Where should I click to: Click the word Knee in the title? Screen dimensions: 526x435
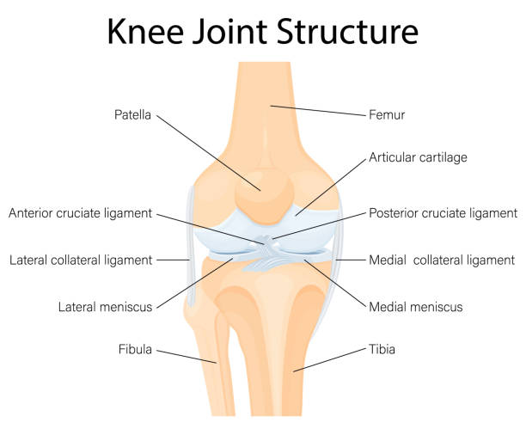pyautogui.click(x=145, y=31)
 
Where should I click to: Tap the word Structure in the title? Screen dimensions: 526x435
pyautogui.click(x=348, y=31)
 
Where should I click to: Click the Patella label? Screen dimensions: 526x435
pyautogui.click(x=132, y=115)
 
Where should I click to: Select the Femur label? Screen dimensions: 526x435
pyautogui.click(x=387, y=115)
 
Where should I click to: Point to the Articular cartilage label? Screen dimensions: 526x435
pyautogui.click(x=418, y=157)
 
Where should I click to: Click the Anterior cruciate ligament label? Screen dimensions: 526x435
pyautogui.click(x=81, y=213)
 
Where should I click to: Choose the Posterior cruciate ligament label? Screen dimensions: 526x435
pyautogui.click(x=443, y=213)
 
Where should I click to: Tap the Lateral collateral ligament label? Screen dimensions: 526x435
pyautogui.click(x=81, y=260)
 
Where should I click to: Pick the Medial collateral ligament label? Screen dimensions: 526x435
pyautogui.click(x=442, y=260)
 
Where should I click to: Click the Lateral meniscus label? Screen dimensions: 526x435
pyautogui.click(x=106, y=307)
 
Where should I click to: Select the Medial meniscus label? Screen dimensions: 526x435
pyautogui.click(x=416, y=307)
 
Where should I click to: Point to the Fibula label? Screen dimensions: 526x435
pyautogui.click(x=135, y=349)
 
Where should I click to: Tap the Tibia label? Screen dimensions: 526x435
pyautogui.click(x=382, y=349)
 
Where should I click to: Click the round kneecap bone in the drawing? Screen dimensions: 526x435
pyautogui.click(x=264, y=197)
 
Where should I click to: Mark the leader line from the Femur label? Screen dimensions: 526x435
pyautogui.click(x=318, y=111)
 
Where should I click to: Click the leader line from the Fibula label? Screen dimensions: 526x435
pyautogui.click(x=187, y=357)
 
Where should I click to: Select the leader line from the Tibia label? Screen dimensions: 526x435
pyautogui.click(x=329, y=360)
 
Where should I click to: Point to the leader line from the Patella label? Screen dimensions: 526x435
pyautogui.click(x=209, y=153)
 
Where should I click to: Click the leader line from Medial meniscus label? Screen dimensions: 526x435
pyautogui.click(x=335, y=284)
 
